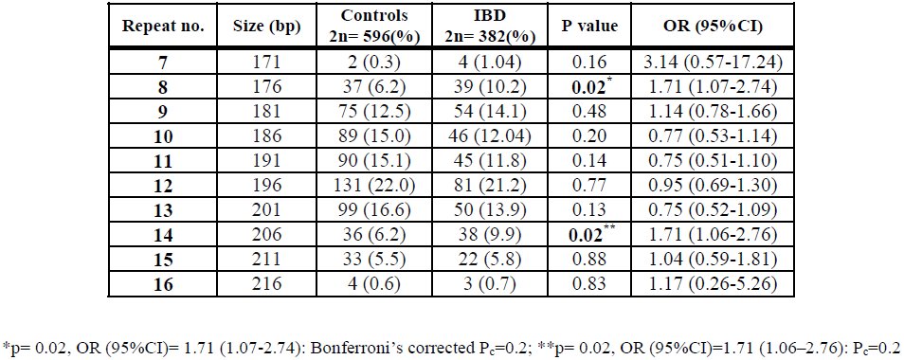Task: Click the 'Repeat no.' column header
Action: point(163,27)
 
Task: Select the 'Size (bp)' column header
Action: point(267,27)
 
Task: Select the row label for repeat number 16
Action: point(163,284)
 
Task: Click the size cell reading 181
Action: point(267,108)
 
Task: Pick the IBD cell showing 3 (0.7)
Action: point(490,284)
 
